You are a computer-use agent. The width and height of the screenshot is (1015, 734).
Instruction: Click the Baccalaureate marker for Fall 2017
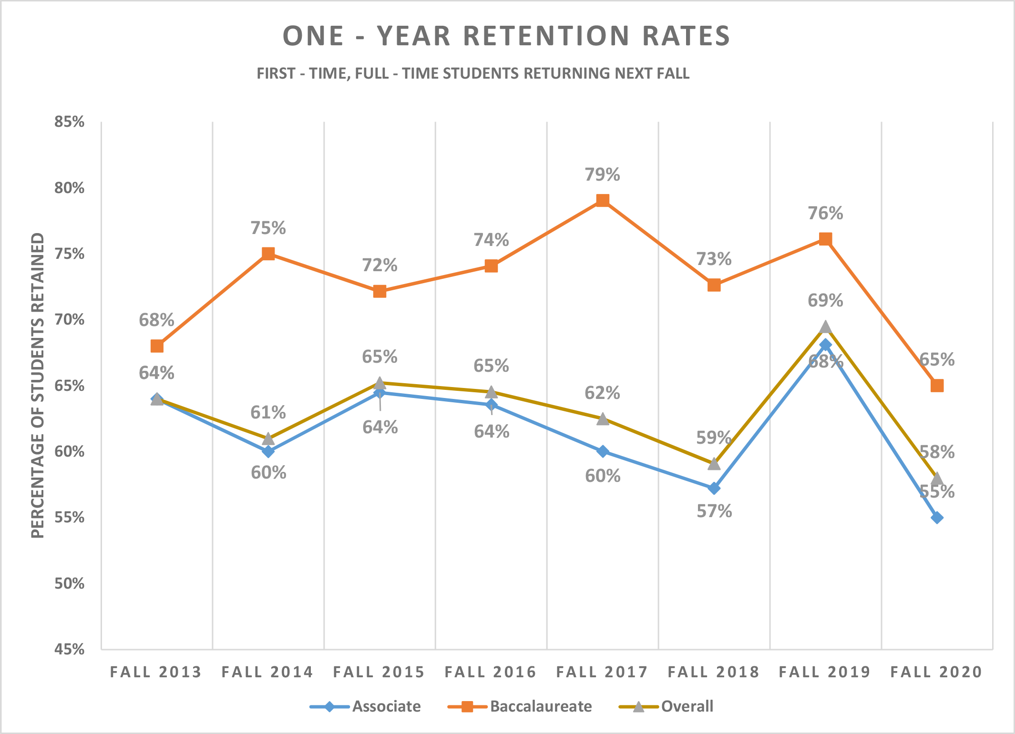click(x=603, y=200)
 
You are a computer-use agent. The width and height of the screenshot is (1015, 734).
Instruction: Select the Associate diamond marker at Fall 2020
click(x=937, y=518)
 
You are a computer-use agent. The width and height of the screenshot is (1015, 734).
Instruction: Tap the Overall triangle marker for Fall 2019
click(x=826, y=327)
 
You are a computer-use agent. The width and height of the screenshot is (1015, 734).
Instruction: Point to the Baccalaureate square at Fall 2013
click(x=157, y=346)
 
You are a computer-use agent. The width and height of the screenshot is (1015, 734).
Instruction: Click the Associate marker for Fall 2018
click(x=714, y=488)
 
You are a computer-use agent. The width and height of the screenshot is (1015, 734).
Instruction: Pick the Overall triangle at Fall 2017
click(x=603, y=419)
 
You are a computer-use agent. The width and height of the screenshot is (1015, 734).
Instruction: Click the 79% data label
click(x=602, y=175)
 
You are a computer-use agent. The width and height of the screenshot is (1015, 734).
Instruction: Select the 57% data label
click(x=714, y=511)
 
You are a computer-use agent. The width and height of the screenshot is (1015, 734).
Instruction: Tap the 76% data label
click(x=825, y=214)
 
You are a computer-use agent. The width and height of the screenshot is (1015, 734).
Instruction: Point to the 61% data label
click(x=268, y=412)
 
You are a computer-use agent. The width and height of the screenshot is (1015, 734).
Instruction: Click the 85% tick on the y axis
click(x=69, y=122)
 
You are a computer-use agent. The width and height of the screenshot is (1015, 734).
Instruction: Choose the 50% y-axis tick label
click(x=69, y=583)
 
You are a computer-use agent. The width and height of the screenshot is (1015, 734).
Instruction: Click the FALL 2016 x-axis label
click(x=491, y=672)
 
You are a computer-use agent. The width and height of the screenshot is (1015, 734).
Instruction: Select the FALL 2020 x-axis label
click(x=936, y=672)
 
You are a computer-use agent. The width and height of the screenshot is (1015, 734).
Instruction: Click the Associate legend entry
click(x=386, y=706)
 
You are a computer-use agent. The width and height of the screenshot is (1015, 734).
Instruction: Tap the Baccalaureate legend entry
click(x=541, y=706)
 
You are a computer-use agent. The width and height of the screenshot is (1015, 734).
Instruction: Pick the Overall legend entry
click(x=687, y=706)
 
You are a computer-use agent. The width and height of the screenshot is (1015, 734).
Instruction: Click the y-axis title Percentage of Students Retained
click(x=38, y=385)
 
